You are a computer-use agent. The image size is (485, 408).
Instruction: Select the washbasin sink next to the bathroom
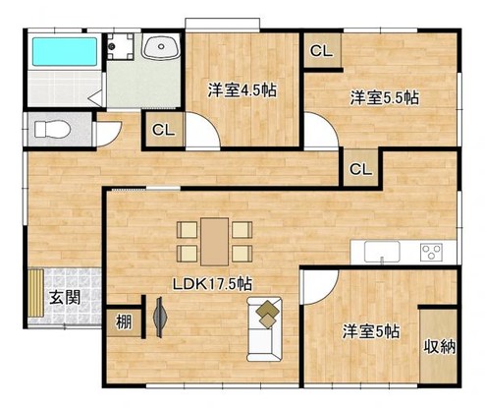pyautogui.click(x=159, y=48)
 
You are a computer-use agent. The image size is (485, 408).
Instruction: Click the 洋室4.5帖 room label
pyautogui.click(x=241, y=89)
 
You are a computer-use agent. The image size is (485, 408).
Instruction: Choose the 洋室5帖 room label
pyautogui.click(x=369, y=331)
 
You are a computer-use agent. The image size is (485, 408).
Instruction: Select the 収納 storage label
pyautogui.click(x=439, y=347)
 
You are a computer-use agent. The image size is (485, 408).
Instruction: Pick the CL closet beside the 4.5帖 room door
pyautogui.click(x=163, y=129)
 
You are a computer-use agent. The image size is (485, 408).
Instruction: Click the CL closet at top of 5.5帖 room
pyautogui.click(x=321, y=52)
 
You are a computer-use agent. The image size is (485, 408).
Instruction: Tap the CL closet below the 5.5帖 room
pyautogui.click(x=360, y=168)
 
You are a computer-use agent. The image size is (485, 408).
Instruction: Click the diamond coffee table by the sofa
pyautogui.click(x=267, y=314)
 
